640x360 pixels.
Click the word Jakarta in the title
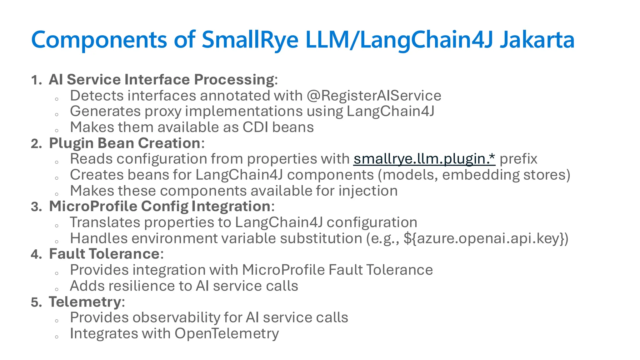(537, 40)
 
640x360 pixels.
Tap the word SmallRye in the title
(250, 40)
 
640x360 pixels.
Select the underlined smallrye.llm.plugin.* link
(424, 159)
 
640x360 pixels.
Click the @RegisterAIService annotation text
(374, 96)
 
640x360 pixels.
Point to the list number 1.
(36, 80)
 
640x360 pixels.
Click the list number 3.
(36, 207)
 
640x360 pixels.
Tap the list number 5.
(36, 302)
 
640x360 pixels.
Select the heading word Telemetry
(85, 302)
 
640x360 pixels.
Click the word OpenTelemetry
(227, 333)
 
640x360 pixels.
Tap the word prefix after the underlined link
(518, 159)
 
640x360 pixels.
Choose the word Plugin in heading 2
(71, 143)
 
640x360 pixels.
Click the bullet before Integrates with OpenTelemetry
(57, 337)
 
